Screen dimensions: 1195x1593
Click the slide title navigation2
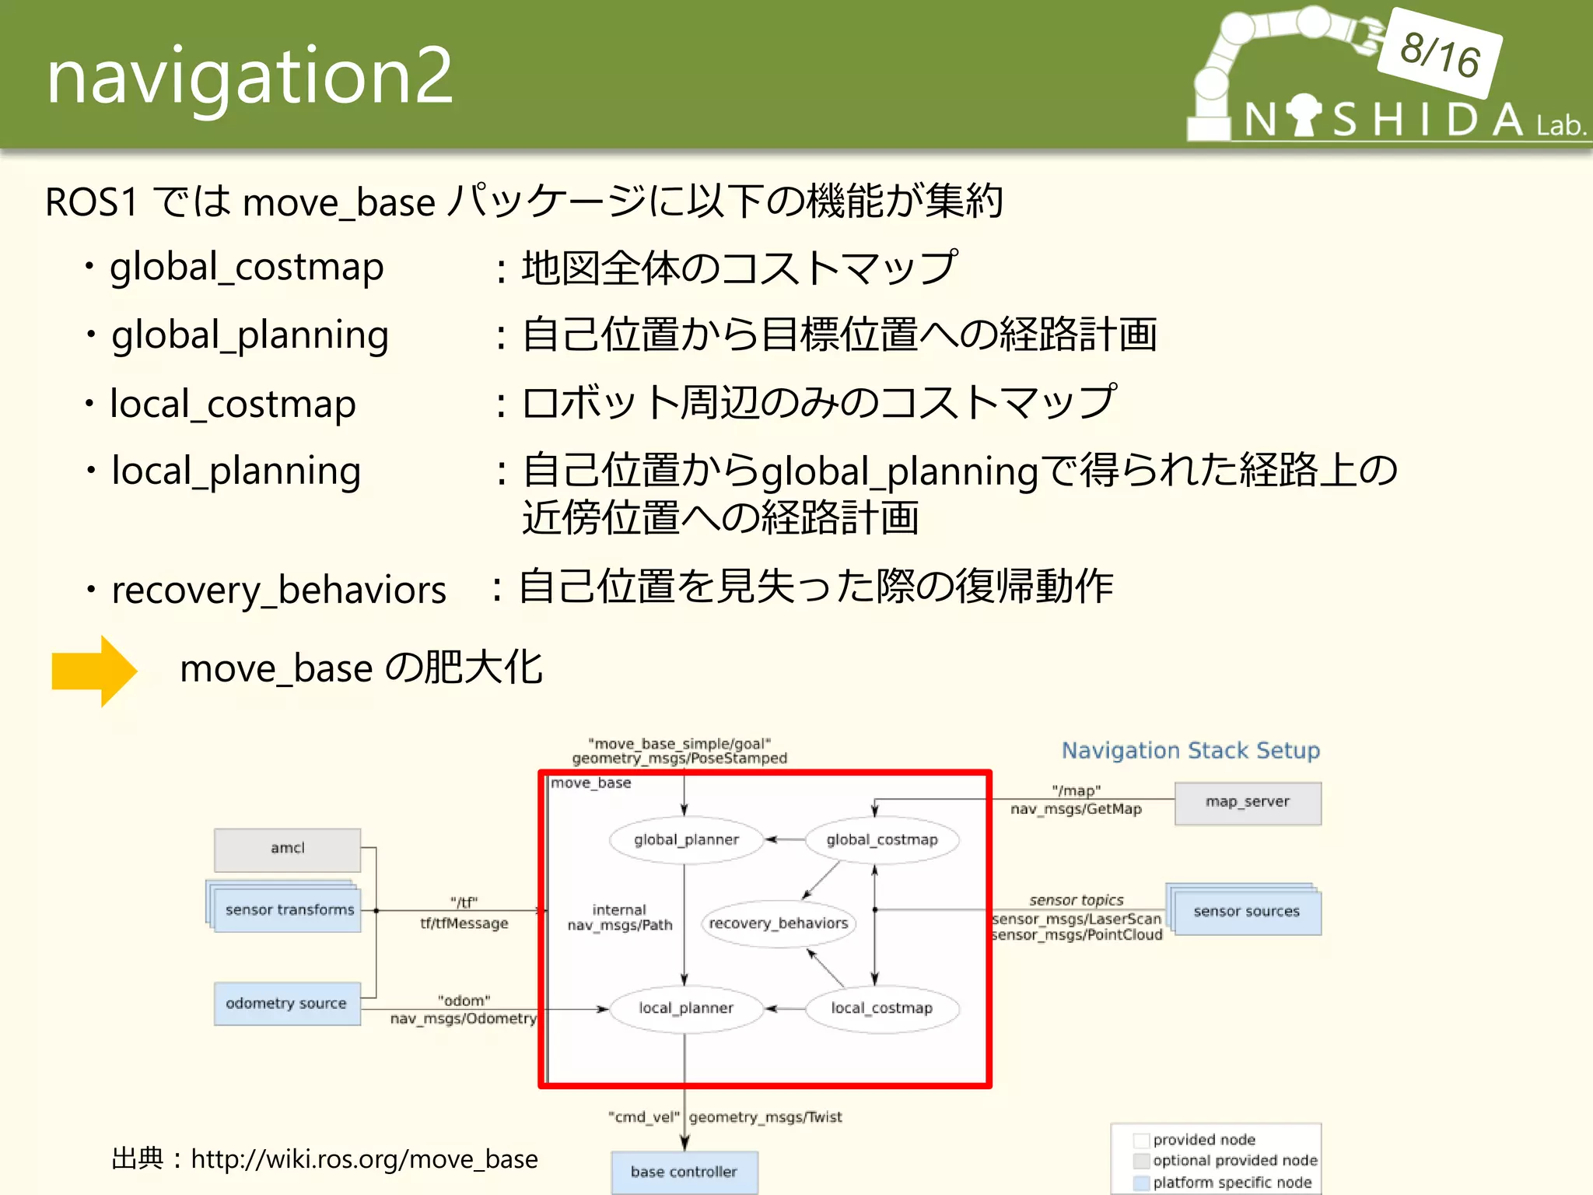point(249,75)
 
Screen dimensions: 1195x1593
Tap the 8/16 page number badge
point(1439,53)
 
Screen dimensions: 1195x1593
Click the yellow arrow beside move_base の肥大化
point(94,671)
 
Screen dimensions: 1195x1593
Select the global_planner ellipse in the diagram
point(686,839)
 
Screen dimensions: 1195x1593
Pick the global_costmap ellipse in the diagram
point(881,839)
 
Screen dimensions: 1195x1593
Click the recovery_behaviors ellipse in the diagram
point(778,923)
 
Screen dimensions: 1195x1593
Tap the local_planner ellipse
point(685,1008)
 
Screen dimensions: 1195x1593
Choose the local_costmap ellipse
point(881,1008)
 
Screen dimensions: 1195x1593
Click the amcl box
point(287,849)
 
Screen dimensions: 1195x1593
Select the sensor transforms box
point(289,909)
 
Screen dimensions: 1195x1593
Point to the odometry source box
point(286,1004)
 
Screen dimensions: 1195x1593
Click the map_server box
point(1247,802)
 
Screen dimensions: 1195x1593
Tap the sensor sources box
point(1246,911)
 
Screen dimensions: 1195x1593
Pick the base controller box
point(684,1172)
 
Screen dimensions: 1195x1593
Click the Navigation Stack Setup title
point(1190,751)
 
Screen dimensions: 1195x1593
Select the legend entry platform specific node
point(1231,1183)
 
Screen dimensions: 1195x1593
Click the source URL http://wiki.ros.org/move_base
point(364,1159)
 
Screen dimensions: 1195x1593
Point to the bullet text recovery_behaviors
point(278,590)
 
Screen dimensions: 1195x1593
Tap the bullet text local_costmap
point(233,404)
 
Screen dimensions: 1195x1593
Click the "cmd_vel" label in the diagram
point(643,1117)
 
